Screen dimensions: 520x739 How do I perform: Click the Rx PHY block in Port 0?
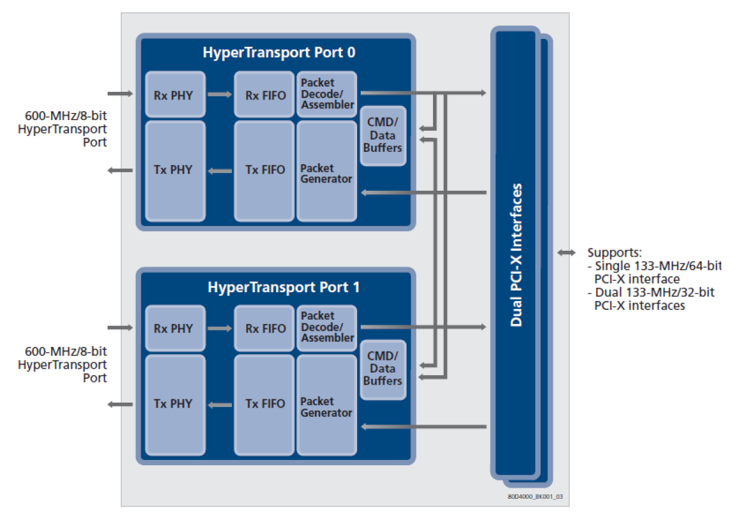point(175,94)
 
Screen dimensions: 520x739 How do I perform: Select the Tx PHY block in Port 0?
point(175,170)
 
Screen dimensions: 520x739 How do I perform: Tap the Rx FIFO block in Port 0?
point(264,94)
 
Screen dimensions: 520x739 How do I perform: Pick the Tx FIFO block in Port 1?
point(264,404)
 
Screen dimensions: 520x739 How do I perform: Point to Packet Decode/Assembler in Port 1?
point(327,327)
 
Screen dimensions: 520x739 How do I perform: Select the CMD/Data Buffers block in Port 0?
point(382,135)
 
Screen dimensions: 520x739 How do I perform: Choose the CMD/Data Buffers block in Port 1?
point(382,369)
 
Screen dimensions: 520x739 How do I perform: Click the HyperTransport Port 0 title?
point(279,52)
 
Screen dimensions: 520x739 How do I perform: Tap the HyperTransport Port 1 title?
point(284,287)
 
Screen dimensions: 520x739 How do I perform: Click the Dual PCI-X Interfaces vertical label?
point(516,255)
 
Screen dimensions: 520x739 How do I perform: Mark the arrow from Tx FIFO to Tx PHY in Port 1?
point(220,404)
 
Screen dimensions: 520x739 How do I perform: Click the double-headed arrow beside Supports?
point(567,253)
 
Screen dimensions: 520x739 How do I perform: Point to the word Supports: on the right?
point(614,253)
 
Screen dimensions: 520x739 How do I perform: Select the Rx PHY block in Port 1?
point(175,328)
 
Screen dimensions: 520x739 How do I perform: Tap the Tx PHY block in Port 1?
point(175,404)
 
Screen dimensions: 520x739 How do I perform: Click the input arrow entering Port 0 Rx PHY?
point(121,94)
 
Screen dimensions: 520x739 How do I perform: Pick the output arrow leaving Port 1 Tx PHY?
point(121,404)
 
